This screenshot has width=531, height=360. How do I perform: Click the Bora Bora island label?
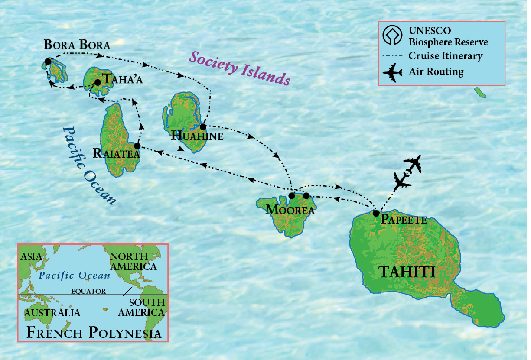pos(77,45)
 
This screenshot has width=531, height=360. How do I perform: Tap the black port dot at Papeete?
pos(376,213)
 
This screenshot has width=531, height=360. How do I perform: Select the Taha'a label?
pos(122,80)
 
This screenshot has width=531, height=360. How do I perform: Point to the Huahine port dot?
pos(202,126)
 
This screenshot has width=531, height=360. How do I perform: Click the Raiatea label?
pos(116,154)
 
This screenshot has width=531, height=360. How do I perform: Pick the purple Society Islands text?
pos(239,68)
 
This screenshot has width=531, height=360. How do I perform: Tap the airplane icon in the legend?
pos(393,71)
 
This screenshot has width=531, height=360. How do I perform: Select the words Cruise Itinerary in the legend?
pos(445,56)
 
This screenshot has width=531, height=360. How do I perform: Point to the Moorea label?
pos(290,210)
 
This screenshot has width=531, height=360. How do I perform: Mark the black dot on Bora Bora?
pos(48,62)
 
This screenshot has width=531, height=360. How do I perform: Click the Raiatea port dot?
pos(137,146)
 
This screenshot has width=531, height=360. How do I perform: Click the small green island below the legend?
pos(480,92)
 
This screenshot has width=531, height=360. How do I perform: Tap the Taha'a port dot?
pos(98,82)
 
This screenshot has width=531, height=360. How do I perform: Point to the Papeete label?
pos(404,220)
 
